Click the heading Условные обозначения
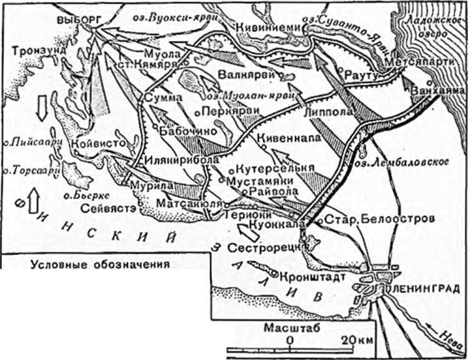100,264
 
